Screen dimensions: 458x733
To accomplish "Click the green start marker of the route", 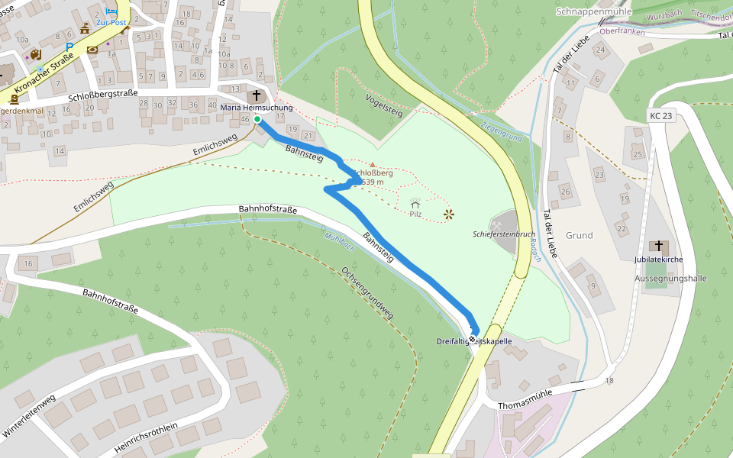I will tap(257, 119).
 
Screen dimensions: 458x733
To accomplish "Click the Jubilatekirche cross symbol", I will tap(658, 246).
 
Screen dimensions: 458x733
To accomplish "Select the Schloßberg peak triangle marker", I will tap(373, 164).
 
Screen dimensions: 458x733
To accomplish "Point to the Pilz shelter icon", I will tap(415, 203).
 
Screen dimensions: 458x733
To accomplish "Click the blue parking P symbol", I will tap(69, 47).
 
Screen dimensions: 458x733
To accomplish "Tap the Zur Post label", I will tap(111, 23).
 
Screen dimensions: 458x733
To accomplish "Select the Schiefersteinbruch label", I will tap(504, 234).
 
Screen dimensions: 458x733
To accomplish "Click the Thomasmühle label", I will tap(525, 405).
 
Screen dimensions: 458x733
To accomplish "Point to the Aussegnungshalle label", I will tap(670, 279).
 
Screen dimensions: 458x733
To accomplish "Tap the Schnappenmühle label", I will tap(594, 11).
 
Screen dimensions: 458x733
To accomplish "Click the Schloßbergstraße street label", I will tap(102, 95).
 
